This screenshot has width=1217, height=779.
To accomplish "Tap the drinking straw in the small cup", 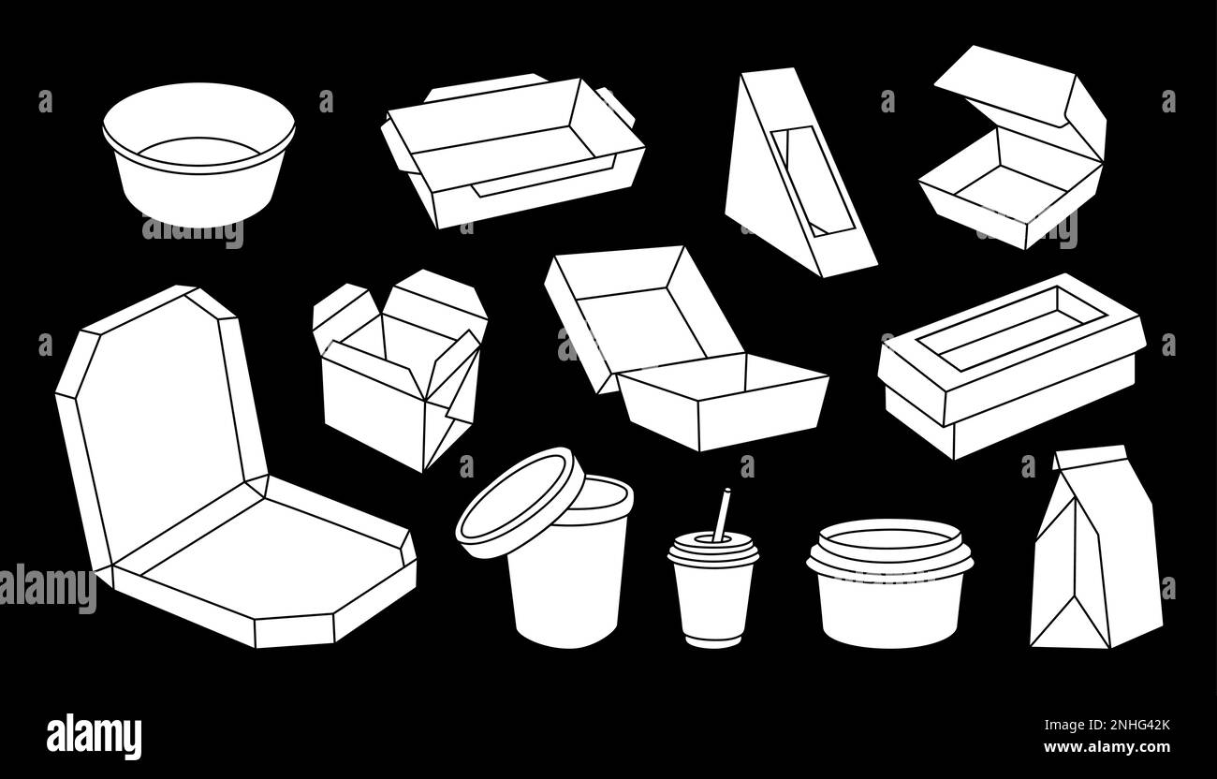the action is coord(722,513).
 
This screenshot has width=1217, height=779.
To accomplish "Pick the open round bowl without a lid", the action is coord(198,154).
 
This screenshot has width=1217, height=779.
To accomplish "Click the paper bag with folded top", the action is coord(1096,549).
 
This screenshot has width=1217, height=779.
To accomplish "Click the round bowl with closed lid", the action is coord(889,584).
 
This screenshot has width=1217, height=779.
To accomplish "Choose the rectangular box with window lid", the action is coord(1012,367).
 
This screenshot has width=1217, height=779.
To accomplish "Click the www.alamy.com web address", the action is coord(1107,747).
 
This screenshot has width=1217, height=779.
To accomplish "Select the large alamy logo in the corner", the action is coord(94,737).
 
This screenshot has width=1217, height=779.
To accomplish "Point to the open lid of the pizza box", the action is coord(163,413).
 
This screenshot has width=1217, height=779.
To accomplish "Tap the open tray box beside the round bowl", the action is coord(513,152).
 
